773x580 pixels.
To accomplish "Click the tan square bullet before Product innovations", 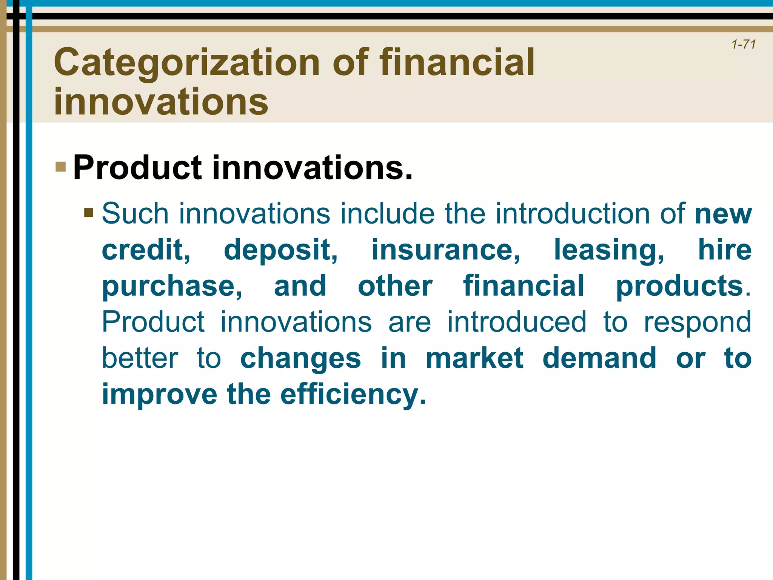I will coord(60,167).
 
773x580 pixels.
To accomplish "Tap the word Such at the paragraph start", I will coord(135,213).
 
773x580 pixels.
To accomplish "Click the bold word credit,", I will coord(146,250).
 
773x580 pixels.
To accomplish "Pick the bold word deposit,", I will coord(281,250).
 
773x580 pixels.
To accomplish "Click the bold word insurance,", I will coord(446,250).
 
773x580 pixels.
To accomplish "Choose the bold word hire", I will coord(725,250).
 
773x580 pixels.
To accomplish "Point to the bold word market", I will coord(474,358).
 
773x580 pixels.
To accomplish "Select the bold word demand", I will coord(599,358).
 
